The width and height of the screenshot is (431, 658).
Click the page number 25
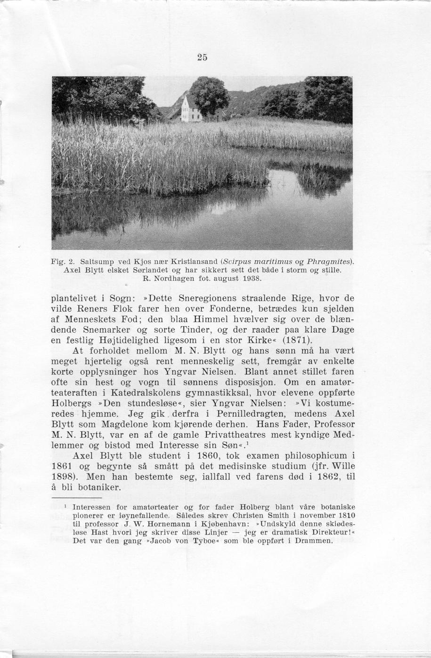point(202,58)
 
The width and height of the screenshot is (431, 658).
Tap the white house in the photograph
point(191,109)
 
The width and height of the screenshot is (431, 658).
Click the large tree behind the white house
point(210,94)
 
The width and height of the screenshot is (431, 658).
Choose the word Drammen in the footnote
point(313,541)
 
